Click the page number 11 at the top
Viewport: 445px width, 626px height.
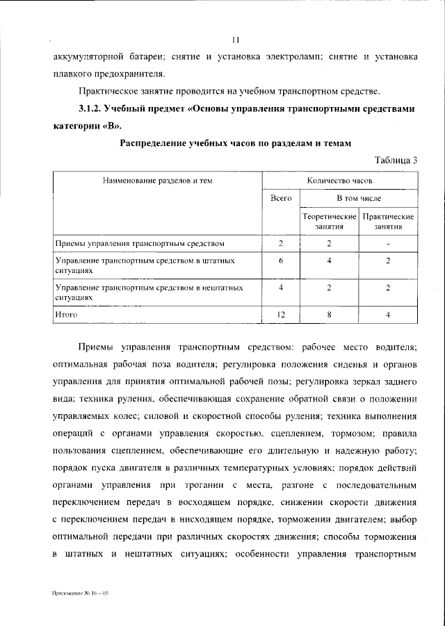[x=236, y=40]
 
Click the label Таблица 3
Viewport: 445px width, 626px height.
[x=396, y=160]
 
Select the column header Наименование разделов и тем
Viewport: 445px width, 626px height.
[x=158, y=180]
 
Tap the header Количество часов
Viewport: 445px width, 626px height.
[x=340, y=180]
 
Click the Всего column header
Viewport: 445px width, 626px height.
[x=281, y=199]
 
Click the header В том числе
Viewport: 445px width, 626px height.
[x=359, y=199]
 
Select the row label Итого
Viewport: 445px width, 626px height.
[x=66, y=315]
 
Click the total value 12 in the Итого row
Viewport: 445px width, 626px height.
[x=281, y=315]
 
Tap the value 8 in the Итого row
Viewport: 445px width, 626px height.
[x=329, y=315]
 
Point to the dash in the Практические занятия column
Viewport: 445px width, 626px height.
[x=388, y=243]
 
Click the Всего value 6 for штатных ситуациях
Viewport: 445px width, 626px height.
[x=281, y=260]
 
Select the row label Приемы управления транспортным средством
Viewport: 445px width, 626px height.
[x=140, y=243]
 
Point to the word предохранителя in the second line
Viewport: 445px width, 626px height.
[x=132, y=73]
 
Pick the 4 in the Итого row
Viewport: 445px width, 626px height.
[x=388, y=315]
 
